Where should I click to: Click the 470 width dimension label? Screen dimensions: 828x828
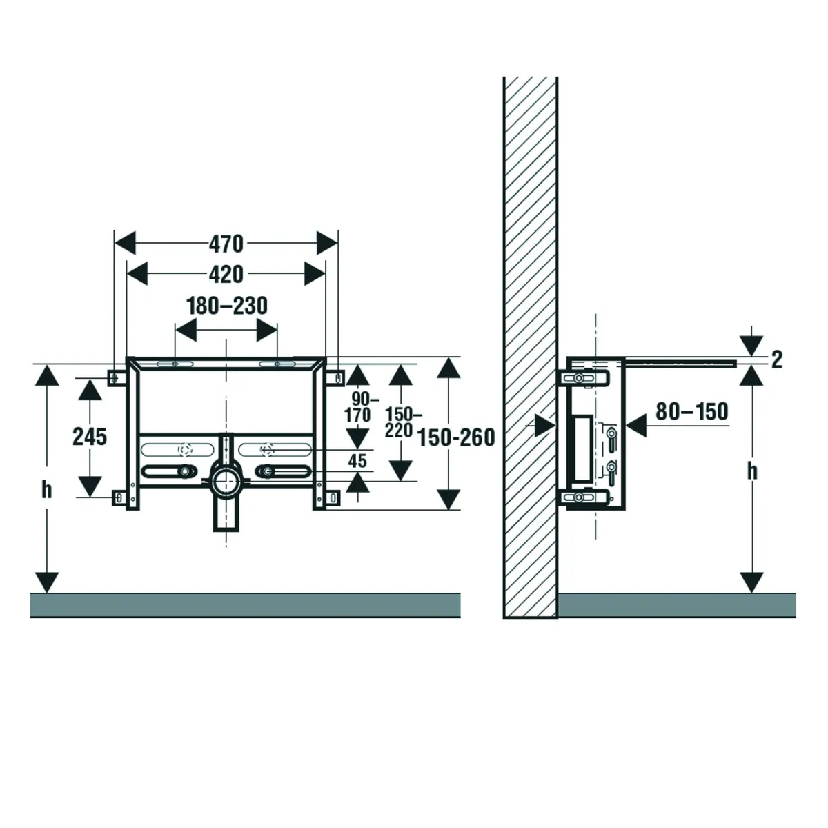(226, 244)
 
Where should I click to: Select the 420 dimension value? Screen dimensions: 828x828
(226, 274)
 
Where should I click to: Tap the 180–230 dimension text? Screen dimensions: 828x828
(227, 305)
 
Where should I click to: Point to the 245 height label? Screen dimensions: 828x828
(90, 436)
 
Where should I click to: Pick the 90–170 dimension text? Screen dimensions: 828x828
(362, 407)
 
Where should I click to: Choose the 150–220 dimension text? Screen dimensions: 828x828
(400, 422)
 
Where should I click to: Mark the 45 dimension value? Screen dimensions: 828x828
(357, 461)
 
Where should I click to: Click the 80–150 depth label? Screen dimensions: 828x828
(691, 411)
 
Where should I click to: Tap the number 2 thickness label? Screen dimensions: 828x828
(777, 359)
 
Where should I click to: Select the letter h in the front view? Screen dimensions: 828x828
(46, 490)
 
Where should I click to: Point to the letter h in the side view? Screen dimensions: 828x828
(752, 471)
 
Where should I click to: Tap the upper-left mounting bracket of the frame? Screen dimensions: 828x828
(115, 377)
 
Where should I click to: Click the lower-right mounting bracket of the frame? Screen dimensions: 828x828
(334, 497)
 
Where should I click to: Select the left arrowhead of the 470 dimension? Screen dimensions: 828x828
(125, 244)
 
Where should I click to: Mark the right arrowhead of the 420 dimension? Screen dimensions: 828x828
(315, 274)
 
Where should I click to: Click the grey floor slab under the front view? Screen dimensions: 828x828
(245, 604)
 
